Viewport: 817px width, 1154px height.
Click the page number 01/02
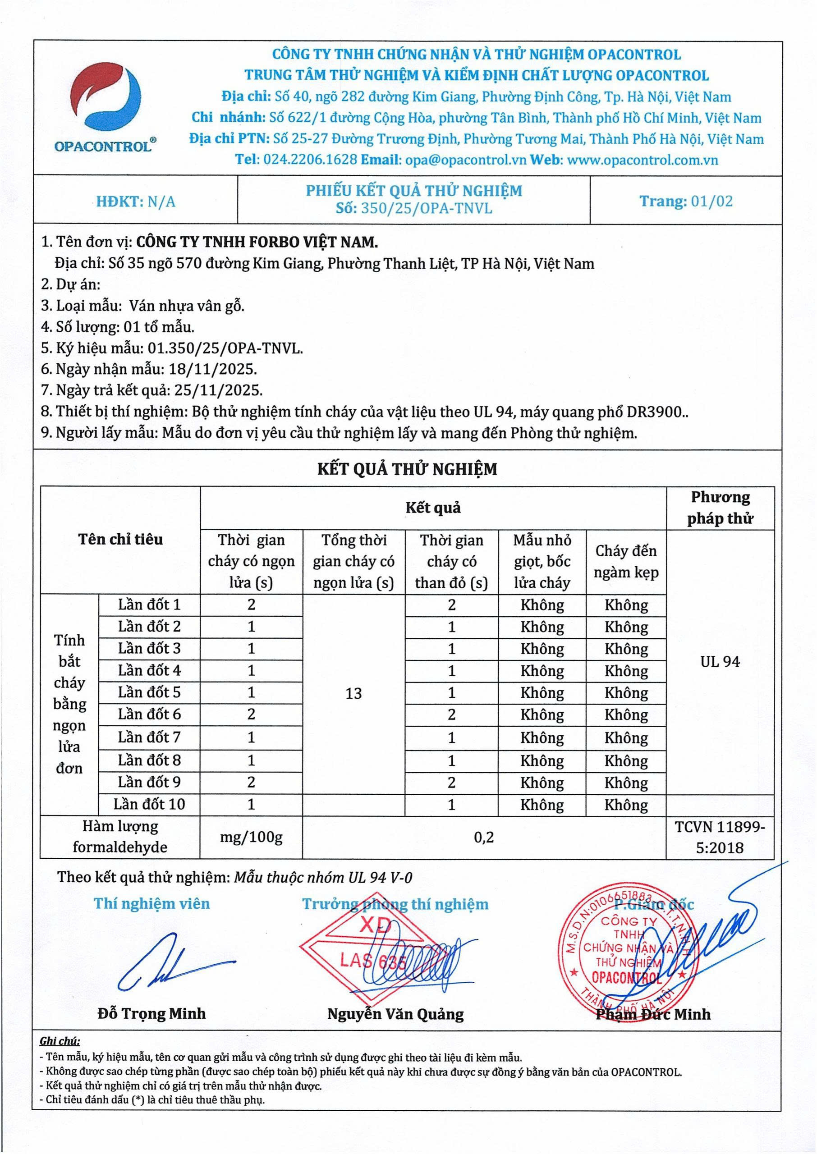point(711,201)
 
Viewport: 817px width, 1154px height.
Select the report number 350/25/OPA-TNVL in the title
point(427,208)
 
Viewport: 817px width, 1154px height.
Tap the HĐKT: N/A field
point(136,201)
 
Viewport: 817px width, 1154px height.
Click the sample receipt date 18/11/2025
point(213,369)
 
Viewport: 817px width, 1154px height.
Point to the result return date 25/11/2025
point(218,390)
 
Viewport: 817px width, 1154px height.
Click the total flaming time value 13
point(353,693)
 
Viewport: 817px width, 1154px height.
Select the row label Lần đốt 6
point(149,714)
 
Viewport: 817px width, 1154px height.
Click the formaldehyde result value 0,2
point(484,837)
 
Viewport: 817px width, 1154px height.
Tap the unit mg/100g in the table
point(251,837)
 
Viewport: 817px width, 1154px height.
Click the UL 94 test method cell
point(720,662)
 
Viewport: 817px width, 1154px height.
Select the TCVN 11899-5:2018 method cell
point(720,837)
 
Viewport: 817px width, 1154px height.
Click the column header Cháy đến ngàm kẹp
point(626,561)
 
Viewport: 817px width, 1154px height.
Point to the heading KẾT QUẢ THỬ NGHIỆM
point(407,469)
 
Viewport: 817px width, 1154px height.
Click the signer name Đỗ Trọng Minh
point(151,1013)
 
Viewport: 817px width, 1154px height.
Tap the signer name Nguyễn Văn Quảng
point(395,1014)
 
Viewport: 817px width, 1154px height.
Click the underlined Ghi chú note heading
point(60,1041)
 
